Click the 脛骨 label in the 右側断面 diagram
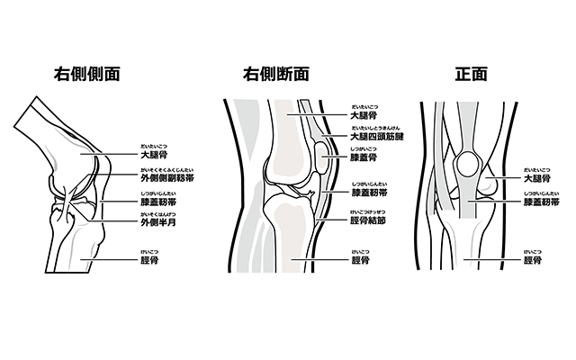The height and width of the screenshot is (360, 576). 362,261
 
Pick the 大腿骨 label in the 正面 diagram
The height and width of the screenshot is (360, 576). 537,178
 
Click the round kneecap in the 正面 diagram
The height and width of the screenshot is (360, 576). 469,165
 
